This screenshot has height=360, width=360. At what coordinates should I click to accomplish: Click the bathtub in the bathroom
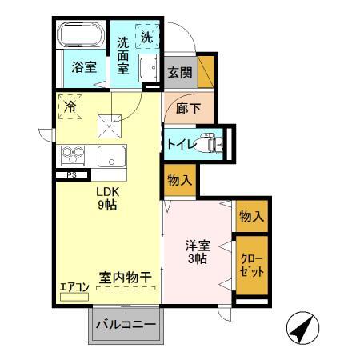pos(81,35)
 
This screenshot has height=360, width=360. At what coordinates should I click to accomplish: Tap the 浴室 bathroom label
pos(84,67)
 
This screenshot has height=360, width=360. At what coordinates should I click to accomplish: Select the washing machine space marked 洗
pos(147,37)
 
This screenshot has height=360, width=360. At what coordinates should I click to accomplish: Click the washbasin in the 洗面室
pos(148,68)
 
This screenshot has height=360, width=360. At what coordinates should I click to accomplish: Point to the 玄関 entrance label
pos(180,72)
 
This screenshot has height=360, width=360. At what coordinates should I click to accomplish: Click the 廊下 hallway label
pos(188,108)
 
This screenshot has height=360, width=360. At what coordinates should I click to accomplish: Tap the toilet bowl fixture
pos(210,143)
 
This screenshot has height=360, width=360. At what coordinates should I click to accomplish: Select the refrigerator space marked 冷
pos(70,106)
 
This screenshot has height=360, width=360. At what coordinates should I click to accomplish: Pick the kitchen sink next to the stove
pos(111,156)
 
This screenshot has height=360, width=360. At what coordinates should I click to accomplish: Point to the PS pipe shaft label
pos(71,175)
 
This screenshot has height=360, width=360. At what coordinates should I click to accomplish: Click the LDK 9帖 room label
pos(107,198)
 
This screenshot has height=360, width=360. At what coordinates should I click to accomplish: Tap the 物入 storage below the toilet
pos(180,181)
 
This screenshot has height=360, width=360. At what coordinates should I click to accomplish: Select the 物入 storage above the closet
pos(251,216)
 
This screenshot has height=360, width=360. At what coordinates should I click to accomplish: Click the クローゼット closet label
pos(252,266)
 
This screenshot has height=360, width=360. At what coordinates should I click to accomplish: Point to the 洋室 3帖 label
pos(198,252)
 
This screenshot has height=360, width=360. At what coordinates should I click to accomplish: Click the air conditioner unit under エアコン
pos(74,297)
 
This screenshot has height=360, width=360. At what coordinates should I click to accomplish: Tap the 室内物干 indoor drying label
pos(126,278)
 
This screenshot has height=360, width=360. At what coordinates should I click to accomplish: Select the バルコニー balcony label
pos(126,325)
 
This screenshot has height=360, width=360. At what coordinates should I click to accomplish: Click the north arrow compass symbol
pos(303,328)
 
